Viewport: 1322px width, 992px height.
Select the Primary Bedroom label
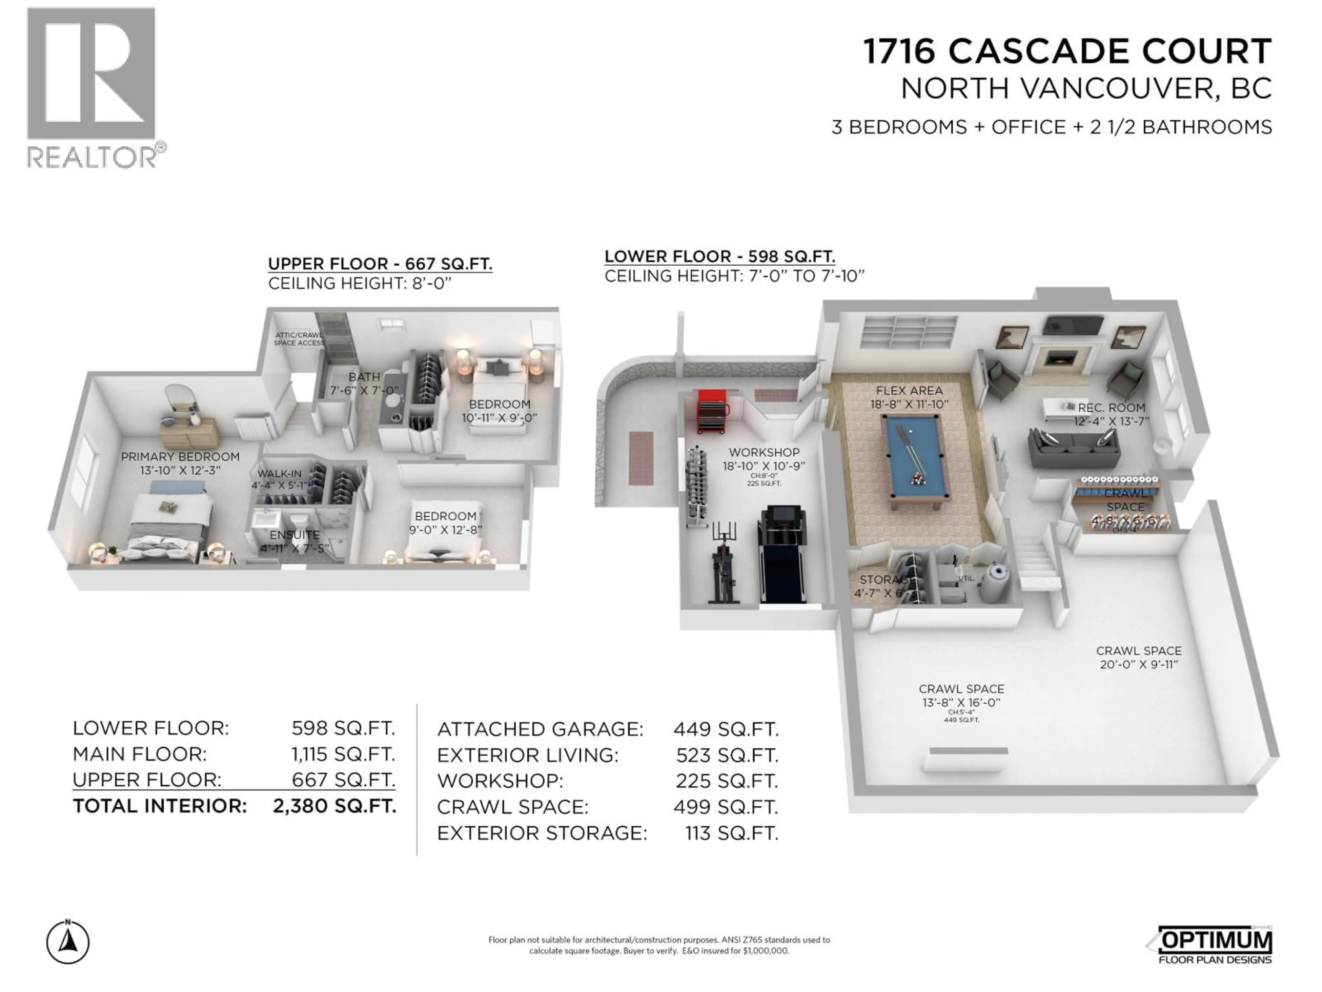(180, 457)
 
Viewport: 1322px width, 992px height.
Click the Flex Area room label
(909, 391)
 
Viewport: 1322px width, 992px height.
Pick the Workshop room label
(764, 453)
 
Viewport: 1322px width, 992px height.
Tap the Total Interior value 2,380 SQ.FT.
(334, 806)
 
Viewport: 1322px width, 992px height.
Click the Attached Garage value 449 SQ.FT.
(725, 730)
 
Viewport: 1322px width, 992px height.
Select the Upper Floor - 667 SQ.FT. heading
(380, 264)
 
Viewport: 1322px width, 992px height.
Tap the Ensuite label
(294, 535)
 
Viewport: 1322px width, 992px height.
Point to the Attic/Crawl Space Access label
(299, 339)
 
